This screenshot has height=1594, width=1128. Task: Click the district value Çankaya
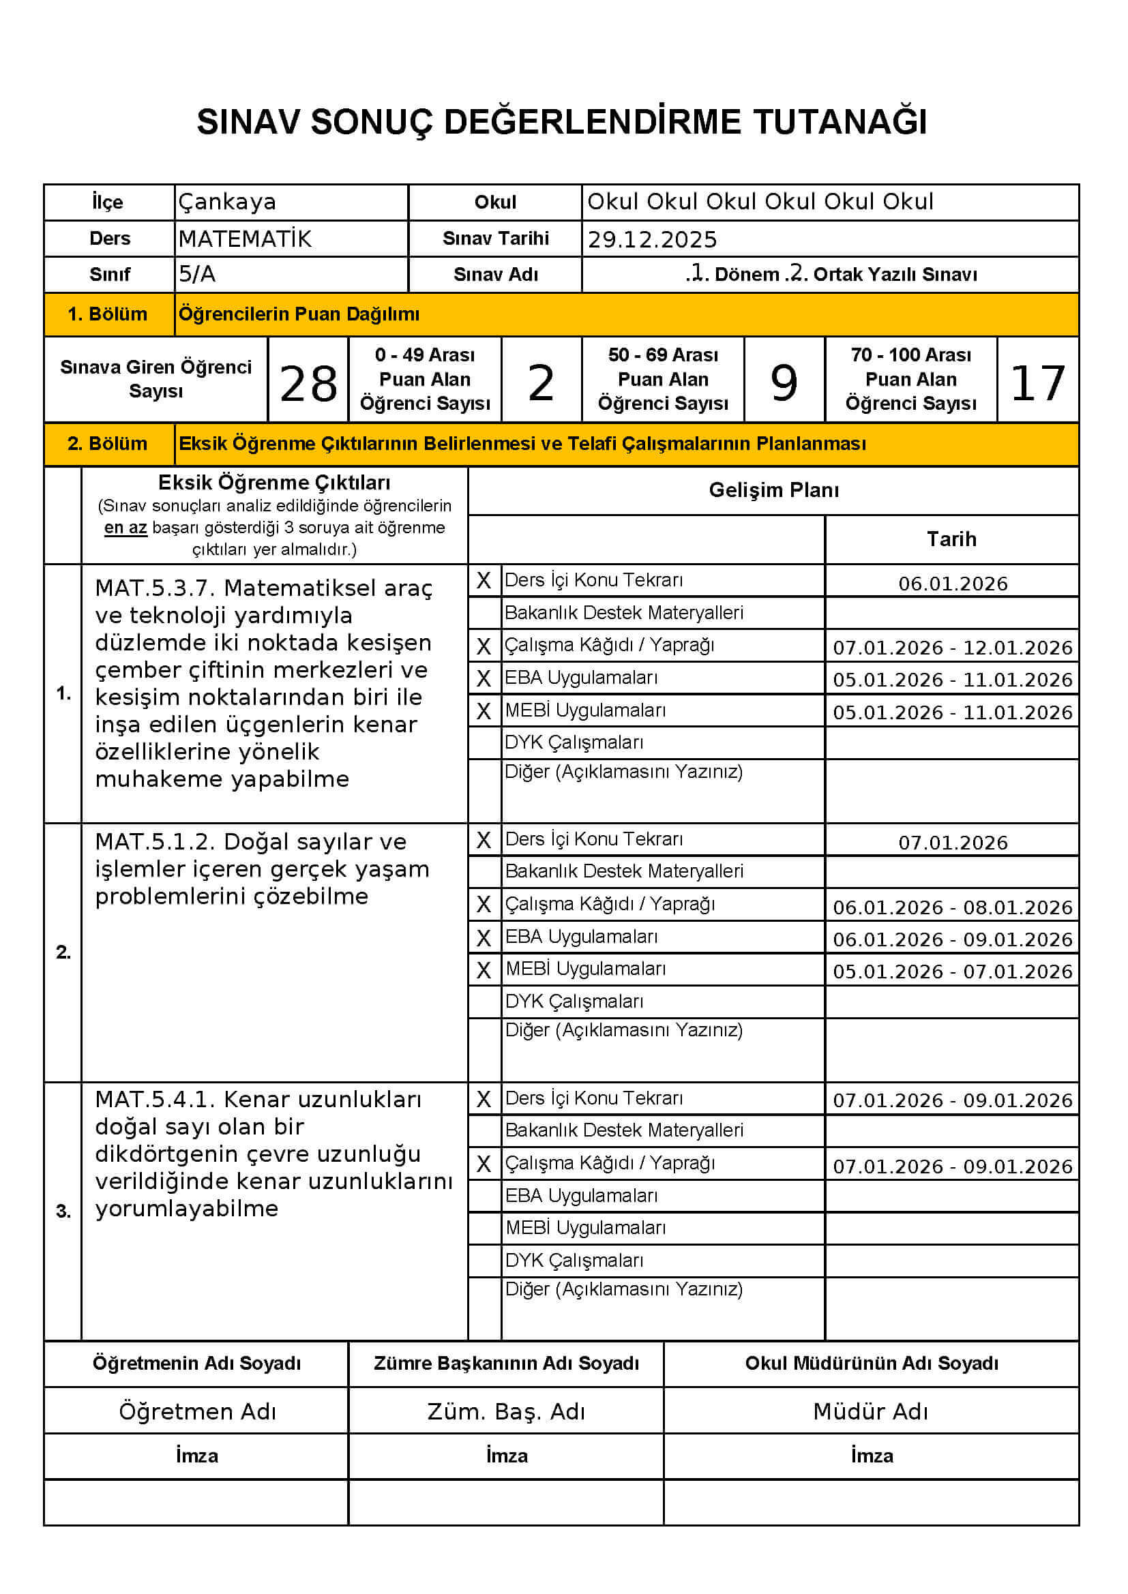point(227,202)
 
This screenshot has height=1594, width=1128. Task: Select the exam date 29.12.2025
point(651,239)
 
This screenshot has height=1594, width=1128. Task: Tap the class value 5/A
point(197,274)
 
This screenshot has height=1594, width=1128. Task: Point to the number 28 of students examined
point(308,383)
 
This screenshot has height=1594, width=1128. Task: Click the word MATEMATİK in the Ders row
point(245,239)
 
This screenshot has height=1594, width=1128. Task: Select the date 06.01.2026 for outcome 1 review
point(952,584)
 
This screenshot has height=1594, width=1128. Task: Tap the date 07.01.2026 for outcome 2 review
point(952,843)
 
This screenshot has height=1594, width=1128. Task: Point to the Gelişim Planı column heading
point(773,490)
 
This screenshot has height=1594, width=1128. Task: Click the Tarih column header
point(951,539)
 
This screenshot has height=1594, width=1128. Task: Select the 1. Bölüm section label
point(108,314)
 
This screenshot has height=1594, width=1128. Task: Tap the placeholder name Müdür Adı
point(870,1411)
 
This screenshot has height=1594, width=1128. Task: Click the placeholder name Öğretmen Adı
point(197,1411)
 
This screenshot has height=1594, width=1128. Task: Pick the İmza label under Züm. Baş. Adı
point(506,1456)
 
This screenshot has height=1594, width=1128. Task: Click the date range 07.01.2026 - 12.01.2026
point(952,648)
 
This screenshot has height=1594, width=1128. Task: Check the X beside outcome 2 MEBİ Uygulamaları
point(484,970)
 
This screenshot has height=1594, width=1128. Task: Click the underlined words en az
point(125,528)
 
